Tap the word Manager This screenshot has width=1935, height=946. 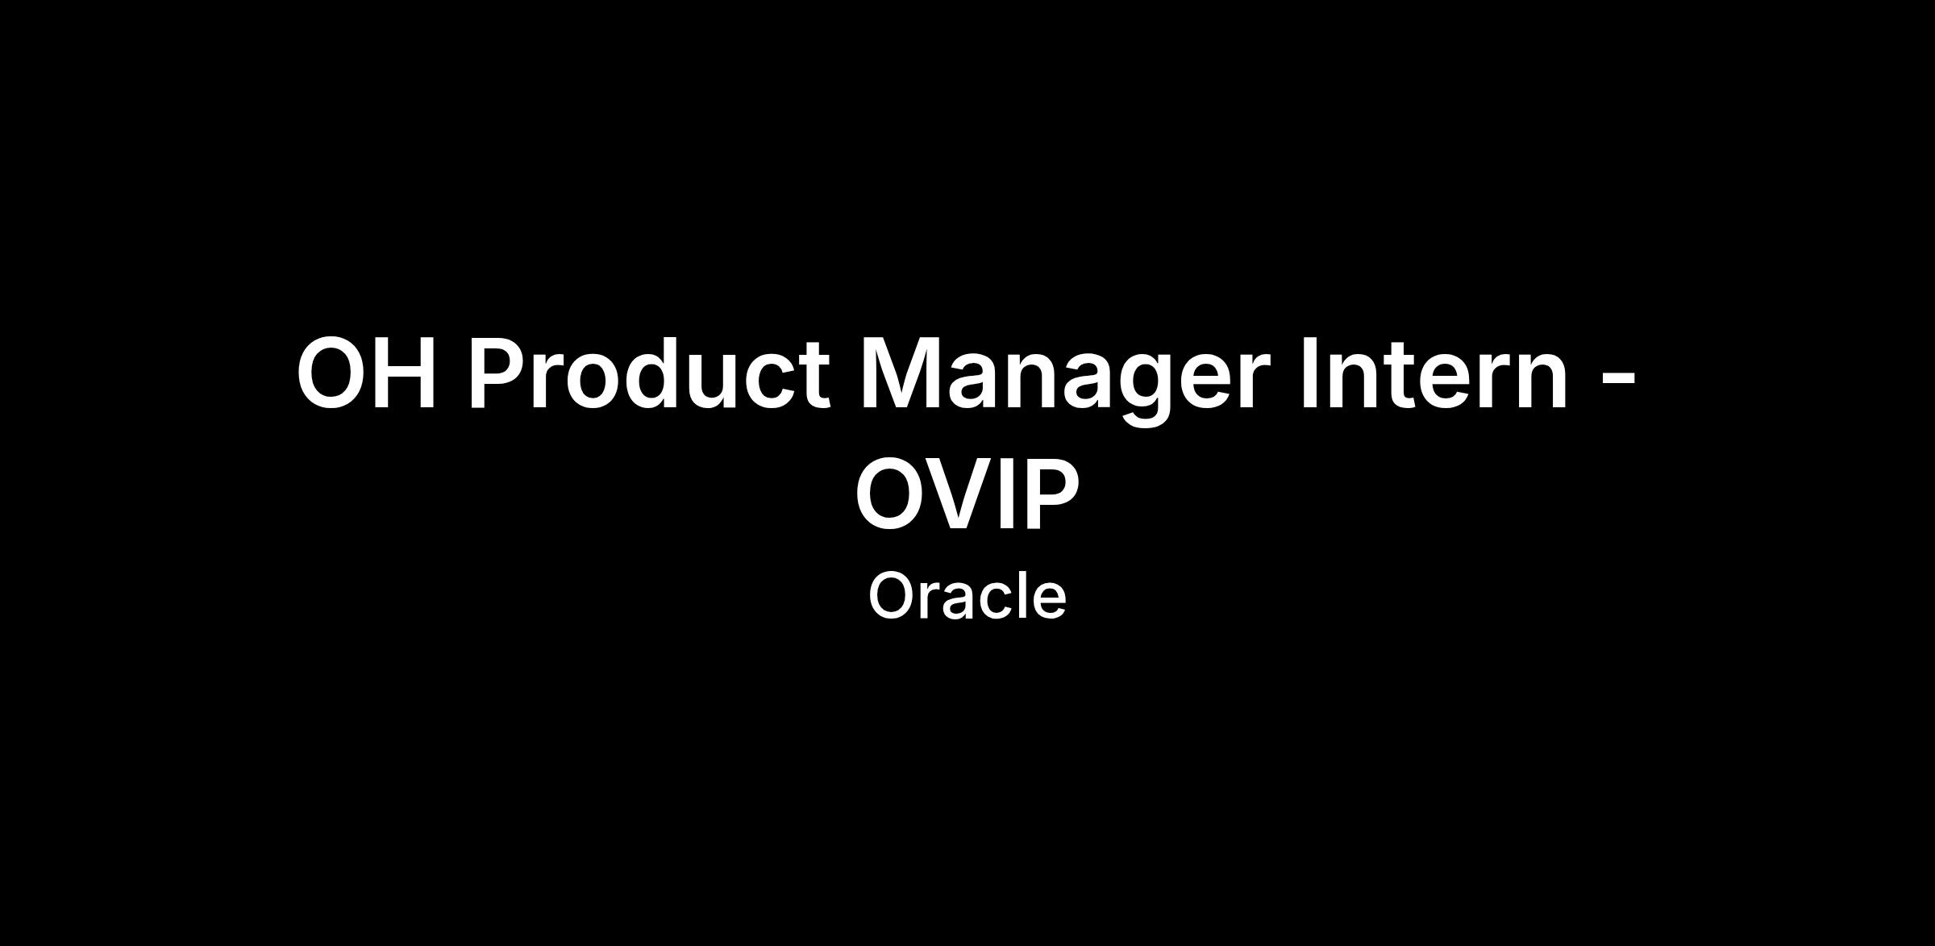click(x=1064, y=379)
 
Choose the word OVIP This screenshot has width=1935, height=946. click(x=967, y=493)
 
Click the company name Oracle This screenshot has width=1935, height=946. click(x=967, y=596)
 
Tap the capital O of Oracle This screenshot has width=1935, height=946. click(x=893, y=596)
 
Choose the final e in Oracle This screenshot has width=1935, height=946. click(x=1050, y=602)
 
